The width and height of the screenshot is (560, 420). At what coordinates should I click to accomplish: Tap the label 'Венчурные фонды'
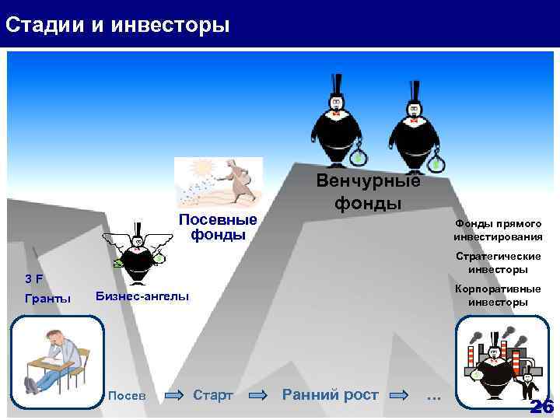tap(368, 192)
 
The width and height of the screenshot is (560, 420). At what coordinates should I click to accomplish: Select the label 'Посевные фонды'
tap(218, 226)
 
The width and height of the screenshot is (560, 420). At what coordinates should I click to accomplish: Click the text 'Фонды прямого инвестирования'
tap(498, 229)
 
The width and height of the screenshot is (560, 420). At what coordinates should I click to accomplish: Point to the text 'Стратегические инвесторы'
tap(498, 262)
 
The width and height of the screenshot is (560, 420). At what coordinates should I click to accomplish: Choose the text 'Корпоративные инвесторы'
tap(498, 295)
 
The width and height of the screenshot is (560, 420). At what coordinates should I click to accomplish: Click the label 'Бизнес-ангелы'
tap(142, 296)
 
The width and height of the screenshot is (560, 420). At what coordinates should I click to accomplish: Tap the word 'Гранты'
tap(47, 299)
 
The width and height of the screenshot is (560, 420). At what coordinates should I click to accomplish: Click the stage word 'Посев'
tap(127, 395)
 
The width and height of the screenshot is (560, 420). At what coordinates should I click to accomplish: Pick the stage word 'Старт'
tap(212, 395)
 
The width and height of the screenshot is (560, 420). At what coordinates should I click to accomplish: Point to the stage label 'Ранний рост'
tap(330, 394)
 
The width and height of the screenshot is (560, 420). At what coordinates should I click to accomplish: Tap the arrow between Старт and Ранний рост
tap(257, 395)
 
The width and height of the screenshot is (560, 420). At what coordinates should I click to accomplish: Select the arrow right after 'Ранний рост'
tap(399, 395)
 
